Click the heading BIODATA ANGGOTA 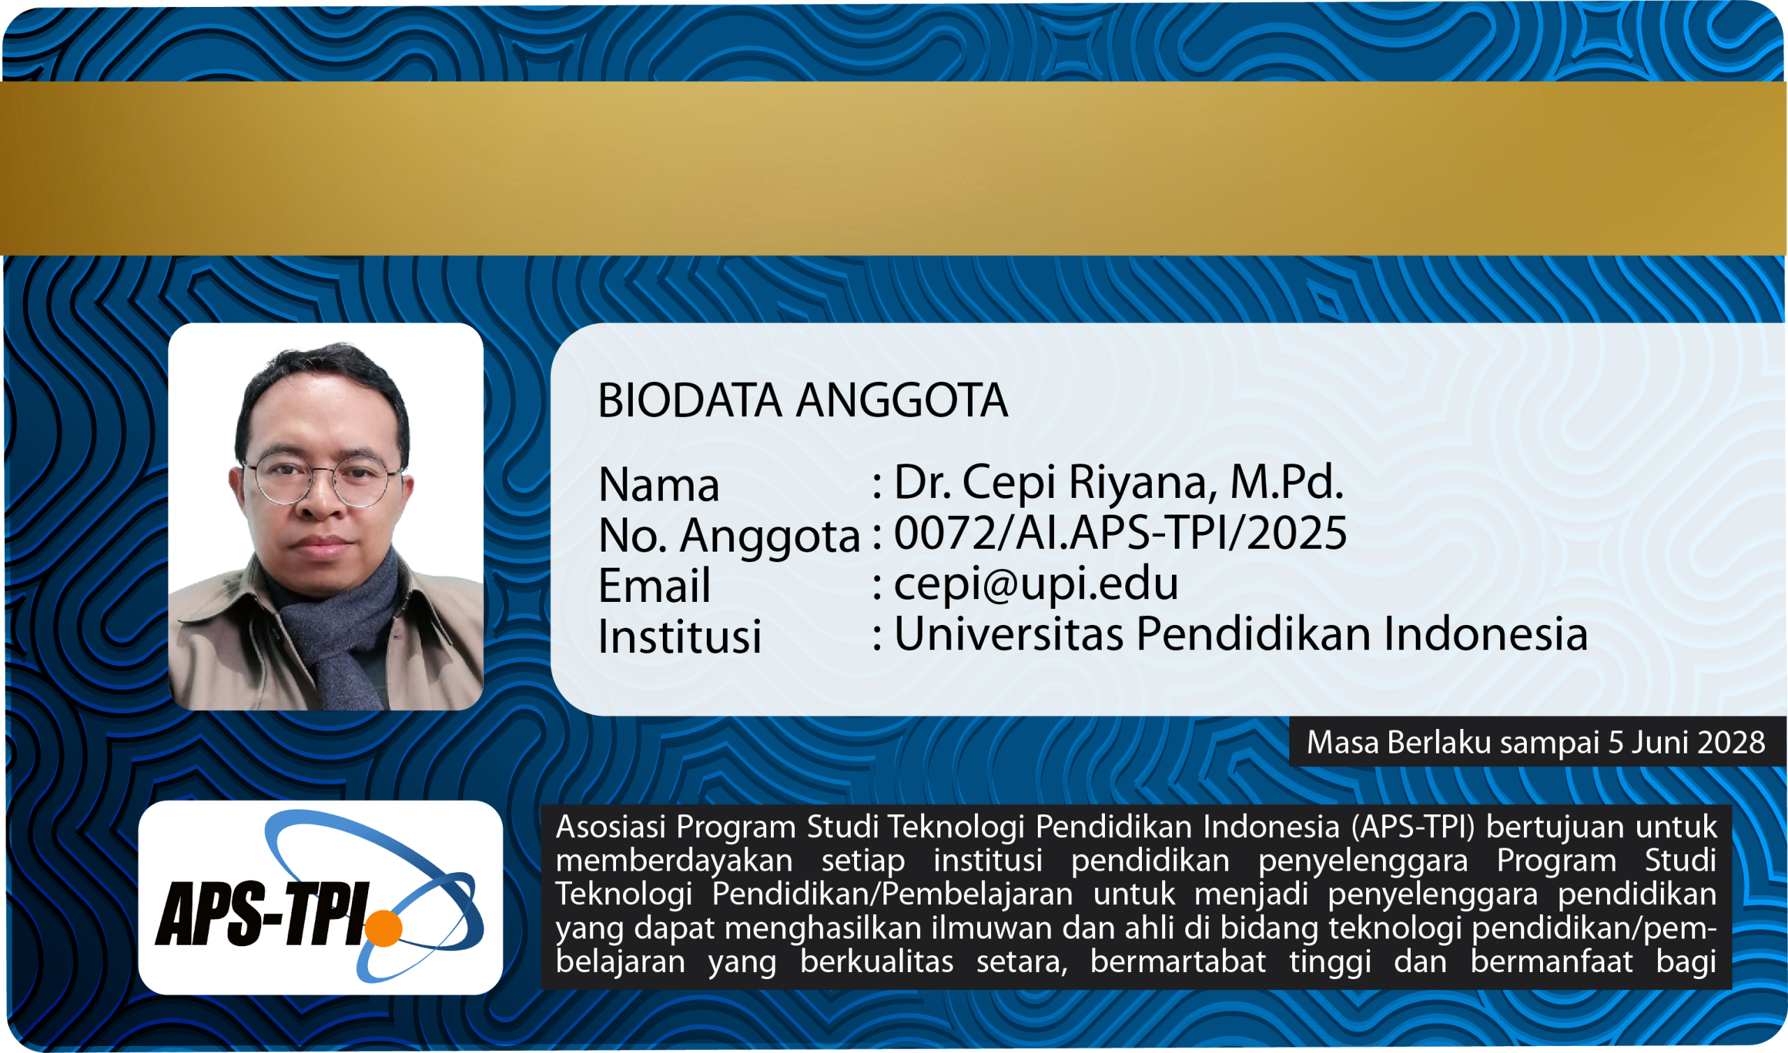pos(803,400)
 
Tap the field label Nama pos(659,485)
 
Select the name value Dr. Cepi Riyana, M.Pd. pos(1119,482)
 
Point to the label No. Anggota pos(729,536)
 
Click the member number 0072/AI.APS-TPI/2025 pos(1120,533)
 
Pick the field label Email pos(654,585)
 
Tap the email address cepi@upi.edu pos(1036,583)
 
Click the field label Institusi pos(680,635)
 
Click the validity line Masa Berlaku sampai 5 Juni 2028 pos(1536,742)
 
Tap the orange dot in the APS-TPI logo pos(383,927)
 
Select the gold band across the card pos(894,168)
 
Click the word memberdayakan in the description pos(674,862)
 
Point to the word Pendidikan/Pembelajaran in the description pos(893,894)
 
